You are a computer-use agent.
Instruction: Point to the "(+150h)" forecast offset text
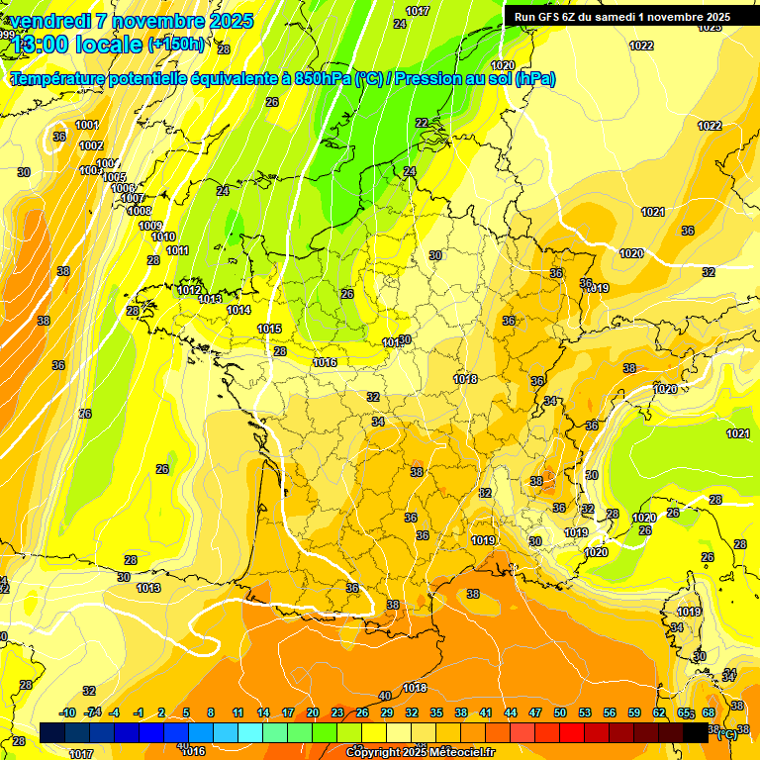coord(176,44)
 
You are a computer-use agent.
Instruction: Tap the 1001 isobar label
coord(87,125)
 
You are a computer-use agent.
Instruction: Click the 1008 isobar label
coord(140,211)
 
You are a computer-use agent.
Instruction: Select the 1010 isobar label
coord(163,237)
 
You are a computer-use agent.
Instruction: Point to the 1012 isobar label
coord(190,290)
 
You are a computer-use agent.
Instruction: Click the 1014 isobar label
coord(238,310)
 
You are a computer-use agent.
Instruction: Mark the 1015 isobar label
coord(269,329)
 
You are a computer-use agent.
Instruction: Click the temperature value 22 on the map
coord(422,123)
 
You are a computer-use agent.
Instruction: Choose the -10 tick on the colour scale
coord(67,712)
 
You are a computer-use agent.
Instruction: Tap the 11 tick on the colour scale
coord(237,712)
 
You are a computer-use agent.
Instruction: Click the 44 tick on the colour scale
coord(510,712)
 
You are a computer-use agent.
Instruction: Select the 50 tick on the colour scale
coord(559,712)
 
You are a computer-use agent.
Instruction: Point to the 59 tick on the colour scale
coord(633,712)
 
